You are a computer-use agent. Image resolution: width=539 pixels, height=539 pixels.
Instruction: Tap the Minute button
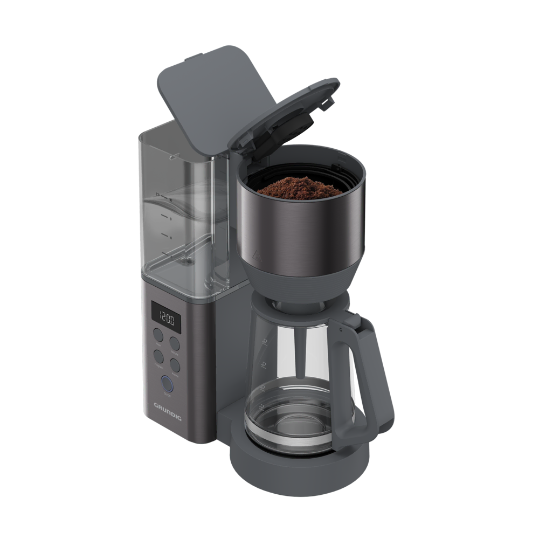coord(175,343)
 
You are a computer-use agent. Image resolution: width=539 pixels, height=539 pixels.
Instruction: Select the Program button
coord(158,356)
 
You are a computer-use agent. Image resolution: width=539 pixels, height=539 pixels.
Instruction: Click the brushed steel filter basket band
coord(302,226)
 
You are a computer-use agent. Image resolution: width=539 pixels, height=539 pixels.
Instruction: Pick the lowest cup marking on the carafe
coord(262,405)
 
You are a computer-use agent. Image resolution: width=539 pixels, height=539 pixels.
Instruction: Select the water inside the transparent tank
coord(183,216)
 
